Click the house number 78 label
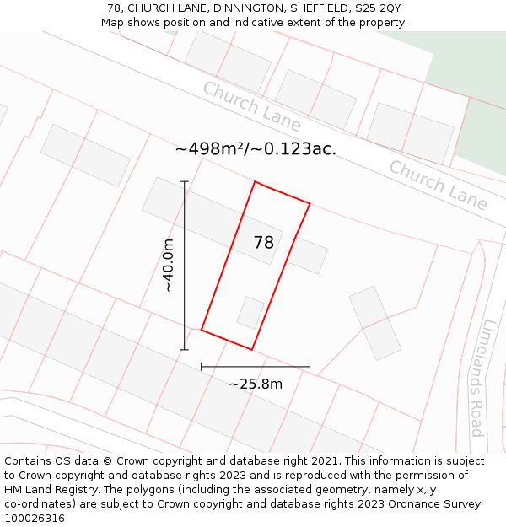[264, 243]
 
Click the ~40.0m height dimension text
[168, 266]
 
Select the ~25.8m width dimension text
[256, 384]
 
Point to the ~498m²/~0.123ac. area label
[256, 149]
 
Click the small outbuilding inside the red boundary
[250, 312]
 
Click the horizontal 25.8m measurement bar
[256, 367]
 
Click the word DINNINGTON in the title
[235, 8]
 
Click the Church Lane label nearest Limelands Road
[438, 186]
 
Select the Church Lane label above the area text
[251, 106]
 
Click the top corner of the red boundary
[255, 181]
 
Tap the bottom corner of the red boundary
[251, 349]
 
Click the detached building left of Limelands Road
[375, 323]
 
